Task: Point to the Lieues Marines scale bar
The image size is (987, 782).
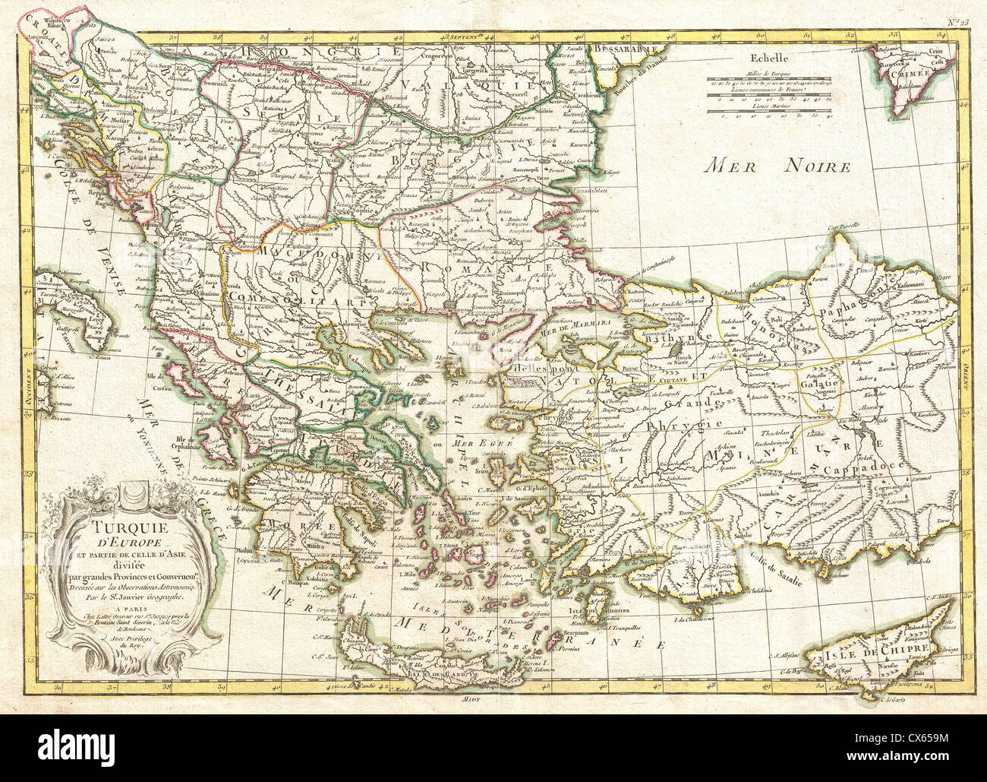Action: pyautogui.click(x=769, y=112)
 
